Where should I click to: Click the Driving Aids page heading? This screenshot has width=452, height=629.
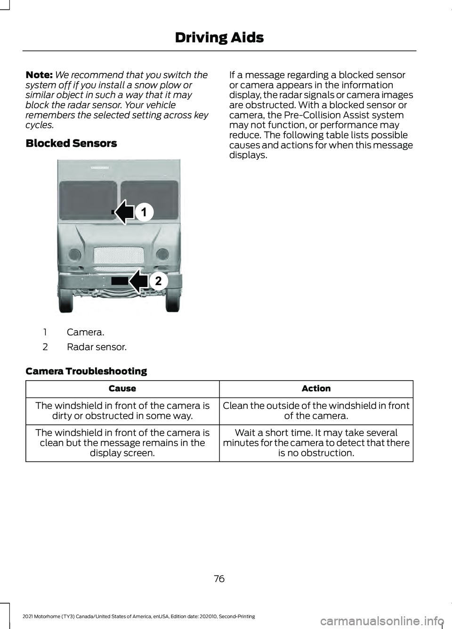point(219,38)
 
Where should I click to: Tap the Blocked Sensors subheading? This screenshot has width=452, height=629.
point(71,143)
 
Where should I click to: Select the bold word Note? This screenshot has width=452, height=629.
point(39,75)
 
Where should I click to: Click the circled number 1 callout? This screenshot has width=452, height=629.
point(144,212)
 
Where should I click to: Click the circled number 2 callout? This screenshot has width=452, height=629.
point(158,281)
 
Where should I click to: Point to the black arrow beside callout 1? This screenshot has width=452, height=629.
point(125,212)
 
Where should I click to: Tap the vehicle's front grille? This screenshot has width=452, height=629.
point(119,255)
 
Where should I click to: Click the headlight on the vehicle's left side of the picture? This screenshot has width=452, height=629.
point(74,255)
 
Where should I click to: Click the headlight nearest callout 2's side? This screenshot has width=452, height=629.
point(162,255)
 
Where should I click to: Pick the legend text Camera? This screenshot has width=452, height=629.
point(85,332)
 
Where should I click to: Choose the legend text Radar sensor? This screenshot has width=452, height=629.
point(97,347)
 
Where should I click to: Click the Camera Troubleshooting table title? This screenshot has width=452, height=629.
point(86,371)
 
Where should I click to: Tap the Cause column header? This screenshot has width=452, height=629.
point(122,389)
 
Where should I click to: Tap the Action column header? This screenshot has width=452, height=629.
point(316,389)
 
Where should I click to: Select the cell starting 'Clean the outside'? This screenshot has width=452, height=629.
point(316,411)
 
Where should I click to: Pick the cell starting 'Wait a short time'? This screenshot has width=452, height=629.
point(316,443)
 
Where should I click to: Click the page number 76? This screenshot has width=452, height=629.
point(219,579)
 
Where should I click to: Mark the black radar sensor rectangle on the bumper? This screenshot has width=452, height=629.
point(120,281)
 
